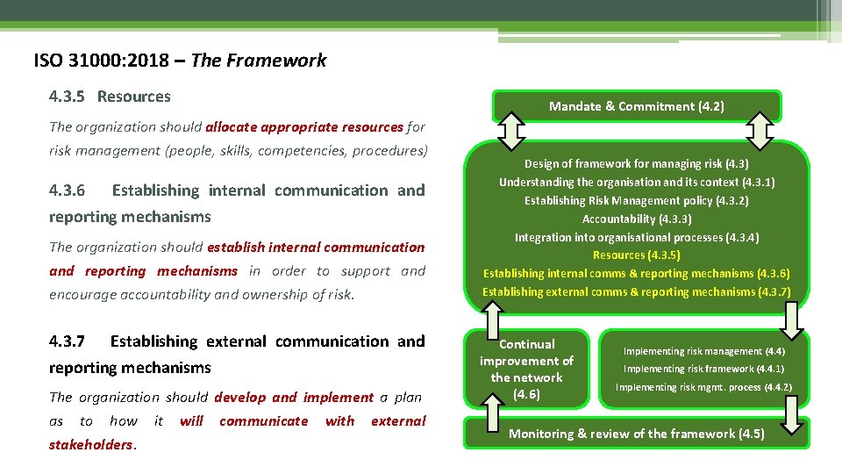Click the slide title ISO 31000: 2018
(109, 61)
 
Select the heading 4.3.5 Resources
(110, 97)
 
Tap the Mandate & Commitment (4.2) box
(636, 106)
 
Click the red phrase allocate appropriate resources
(305, 127)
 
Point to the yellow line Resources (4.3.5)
(636, 255)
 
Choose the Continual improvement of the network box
(526, 369)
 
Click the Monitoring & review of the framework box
(636, 434)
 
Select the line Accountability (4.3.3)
(636, 219)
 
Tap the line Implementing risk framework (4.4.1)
(703, 370)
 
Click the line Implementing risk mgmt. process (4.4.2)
(703, 387)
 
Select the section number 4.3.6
(67, 190)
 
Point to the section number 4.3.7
(67, 341)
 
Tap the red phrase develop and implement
(294, 398)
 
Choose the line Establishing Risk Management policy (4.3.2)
(636, 200)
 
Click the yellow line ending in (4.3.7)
(636, 291)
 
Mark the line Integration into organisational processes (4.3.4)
(636, 237)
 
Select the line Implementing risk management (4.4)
(703, 351)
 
